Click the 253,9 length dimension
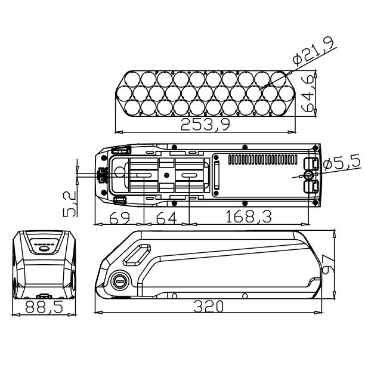click(205, 124)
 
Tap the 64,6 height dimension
click(309, 94)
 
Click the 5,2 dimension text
click(70, 204)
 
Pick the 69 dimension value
click(119, 218)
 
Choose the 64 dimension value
click(166, 218)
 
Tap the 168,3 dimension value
click(249, 216)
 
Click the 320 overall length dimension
click(209, 307)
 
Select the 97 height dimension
click(327, 264)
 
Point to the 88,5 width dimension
click(44, 307)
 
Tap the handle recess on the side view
click(137, 255)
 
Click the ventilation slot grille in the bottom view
click(263, 159)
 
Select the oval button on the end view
click(44, 249)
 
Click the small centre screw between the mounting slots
click(166, 175)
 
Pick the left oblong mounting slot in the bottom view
click(144, 175)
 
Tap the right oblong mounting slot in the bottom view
click(189, 175)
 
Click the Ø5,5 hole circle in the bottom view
click(309, 175)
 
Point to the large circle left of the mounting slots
click(120, 172)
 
